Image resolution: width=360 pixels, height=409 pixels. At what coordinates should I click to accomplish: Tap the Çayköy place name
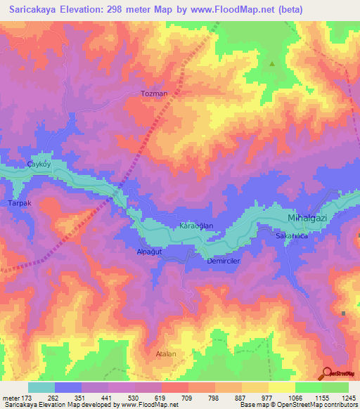pos(39,164)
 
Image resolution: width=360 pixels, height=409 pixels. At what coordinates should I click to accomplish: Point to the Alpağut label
pos(149,251)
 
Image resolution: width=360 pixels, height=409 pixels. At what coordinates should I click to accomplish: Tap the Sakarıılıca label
pos(291,238)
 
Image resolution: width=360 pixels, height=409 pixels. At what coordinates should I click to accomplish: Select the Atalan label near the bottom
pos(166,354)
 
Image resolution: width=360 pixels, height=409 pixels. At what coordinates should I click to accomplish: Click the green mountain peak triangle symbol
pos(272,63)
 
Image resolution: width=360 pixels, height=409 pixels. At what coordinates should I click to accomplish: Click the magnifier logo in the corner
pos(328,373)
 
